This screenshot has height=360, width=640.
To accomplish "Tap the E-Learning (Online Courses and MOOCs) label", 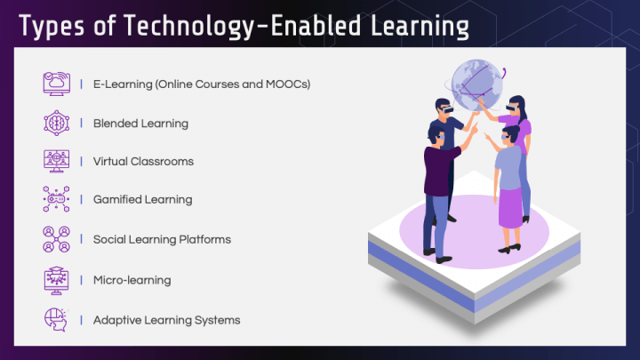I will [x=201, y=84].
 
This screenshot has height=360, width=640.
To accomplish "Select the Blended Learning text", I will [x=140, y=124].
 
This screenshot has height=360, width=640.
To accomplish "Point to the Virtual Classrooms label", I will [x=143, y=162].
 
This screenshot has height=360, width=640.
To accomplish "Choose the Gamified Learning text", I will [x=142, y=200].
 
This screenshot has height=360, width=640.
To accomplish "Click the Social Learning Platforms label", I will [x=162, y=239].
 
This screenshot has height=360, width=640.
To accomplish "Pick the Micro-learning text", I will [x=132, y=280].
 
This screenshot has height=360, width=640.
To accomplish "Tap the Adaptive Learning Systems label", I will [x=166, y=319].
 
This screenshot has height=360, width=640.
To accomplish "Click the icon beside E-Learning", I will [x=57, y=84].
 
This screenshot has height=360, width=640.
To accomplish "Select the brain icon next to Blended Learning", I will [x=57, y=124].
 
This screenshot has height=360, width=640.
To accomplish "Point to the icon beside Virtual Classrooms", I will [x=57, y=162].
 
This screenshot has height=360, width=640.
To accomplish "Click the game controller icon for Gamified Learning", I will [x=57, y=200].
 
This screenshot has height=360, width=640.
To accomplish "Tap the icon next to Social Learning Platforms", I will [x=57, y=239].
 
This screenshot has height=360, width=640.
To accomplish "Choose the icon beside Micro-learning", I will [x=57, y=280].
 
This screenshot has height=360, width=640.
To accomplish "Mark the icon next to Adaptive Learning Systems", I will [x=57, y=319].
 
